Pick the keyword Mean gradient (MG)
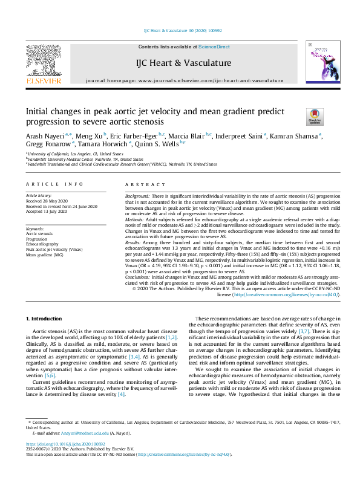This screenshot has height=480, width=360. tap(44, 255)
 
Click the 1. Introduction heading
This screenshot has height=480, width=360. tap(45, 318)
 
